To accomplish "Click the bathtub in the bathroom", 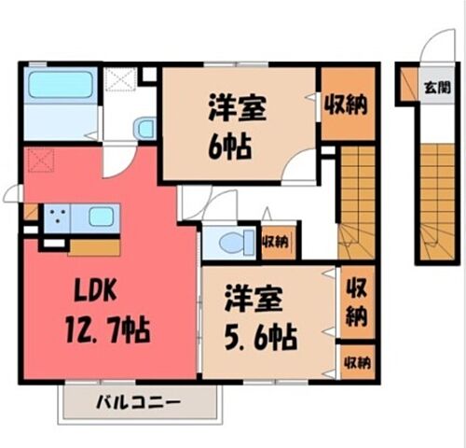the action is (61, 85).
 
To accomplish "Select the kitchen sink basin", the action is (101, 217).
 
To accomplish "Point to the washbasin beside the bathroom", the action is (144, 128).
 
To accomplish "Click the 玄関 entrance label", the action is (437, 88).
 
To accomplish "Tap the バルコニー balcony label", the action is (139, 403).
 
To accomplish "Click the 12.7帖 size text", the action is (107, 329).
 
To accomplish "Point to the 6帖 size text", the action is (229, 147).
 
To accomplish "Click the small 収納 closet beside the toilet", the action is (278, 242).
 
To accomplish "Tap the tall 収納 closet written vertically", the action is (357, 302).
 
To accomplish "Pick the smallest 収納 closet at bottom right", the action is (358, 362).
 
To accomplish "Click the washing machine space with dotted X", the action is (120, 79).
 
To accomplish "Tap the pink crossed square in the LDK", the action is (41, 161).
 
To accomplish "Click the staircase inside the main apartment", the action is (357, 203).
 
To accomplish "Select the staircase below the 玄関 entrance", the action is (438, 203).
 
